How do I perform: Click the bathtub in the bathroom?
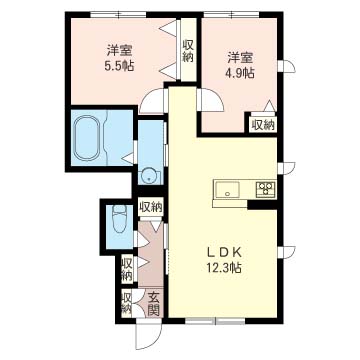click(x=88, y=138)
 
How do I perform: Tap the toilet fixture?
click(x=120, y=219)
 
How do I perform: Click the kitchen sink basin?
click(x=227, y=191)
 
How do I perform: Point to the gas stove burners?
click(x=266, y=189)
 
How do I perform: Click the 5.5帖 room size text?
click(x=119, y=66)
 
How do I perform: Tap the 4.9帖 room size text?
click(x=240, y=73)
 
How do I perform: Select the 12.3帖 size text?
click(x=224, y=268)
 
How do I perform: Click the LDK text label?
click(x=224, y=253)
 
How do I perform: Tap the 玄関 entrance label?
click(x=153, y=304)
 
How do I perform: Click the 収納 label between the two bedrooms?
click(x=188, y=51)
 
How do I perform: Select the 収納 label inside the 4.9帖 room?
click(x=262, y=125)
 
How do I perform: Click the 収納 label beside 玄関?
click(x=126, y=303)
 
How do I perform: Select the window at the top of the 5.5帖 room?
click(x=118, y=15)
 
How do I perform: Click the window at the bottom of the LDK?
click(x=215, y=321)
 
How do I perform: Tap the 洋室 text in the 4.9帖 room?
click(x=240, y=58)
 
